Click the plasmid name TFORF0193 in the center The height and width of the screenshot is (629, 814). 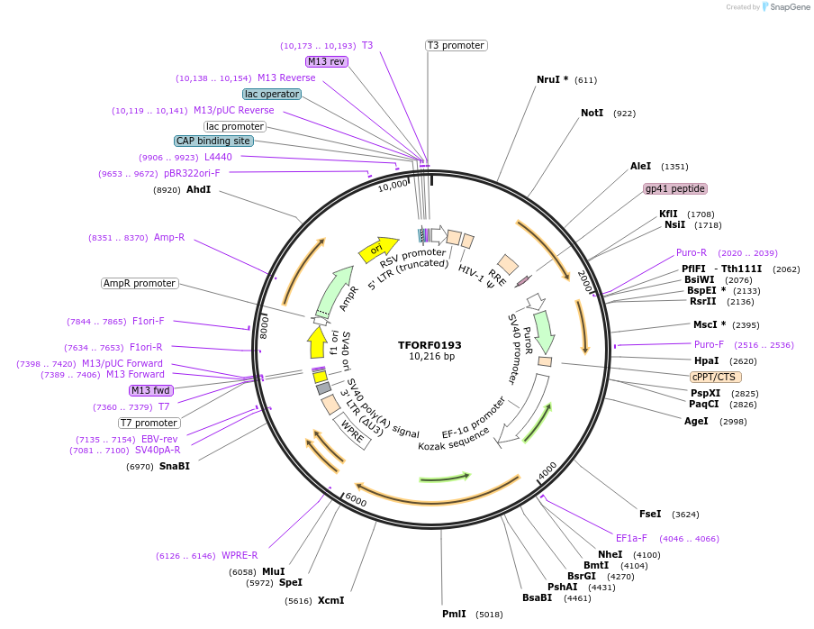430,345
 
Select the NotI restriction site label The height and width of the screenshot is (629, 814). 592,113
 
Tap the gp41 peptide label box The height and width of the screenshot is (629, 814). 675,188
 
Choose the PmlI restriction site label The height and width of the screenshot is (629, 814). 454,614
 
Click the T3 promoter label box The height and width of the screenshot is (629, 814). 456,45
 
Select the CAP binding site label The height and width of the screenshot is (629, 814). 213,141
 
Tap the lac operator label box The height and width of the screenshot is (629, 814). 272,94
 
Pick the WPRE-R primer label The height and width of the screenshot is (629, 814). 240,556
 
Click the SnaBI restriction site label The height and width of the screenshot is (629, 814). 175,466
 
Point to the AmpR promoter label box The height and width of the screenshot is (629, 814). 140,283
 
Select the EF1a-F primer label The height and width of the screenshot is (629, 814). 631,538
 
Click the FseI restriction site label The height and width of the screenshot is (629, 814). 650,514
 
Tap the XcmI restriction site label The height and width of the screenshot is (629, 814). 330,600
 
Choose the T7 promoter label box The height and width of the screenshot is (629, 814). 149,423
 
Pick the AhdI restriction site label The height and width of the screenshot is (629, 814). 198,189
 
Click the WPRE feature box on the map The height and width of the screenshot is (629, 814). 352,431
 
